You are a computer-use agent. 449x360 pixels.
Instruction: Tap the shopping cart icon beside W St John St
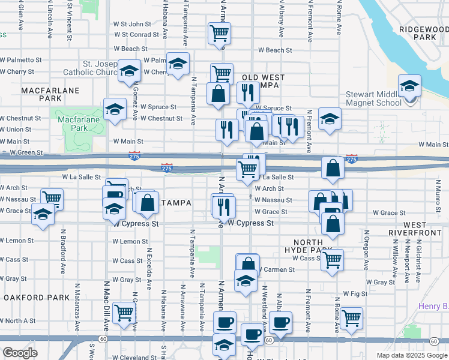tap(219, 32)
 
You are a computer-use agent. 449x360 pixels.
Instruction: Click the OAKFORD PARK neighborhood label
tap(32, 298)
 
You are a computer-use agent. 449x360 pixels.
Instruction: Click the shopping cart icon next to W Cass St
tap(332, 259)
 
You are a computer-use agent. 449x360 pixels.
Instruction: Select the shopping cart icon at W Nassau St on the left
tap(52, 197)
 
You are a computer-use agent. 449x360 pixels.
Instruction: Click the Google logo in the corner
tap(20, 353)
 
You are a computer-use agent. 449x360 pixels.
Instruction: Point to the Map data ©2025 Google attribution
tap(411, 355)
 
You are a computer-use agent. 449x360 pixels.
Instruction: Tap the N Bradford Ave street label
tap(63, 257)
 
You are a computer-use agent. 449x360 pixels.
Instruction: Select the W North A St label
tap(18, 320)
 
